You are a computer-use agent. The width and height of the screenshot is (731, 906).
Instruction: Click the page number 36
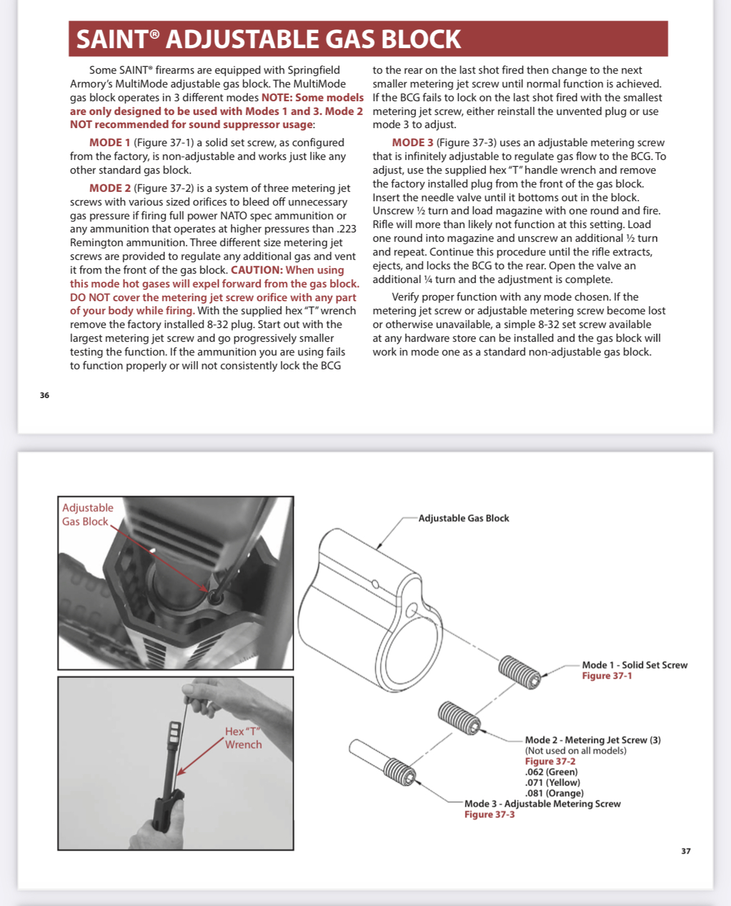click(44, 396)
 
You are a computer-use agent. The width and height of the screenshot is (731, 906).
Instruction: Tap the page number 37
click(686, 851)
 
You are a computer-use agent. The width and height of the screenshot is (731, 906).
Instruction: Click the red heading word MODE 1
click(110, 143)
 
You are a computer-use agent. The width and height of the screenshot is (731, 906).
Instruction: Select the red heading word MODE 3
click(412, 143)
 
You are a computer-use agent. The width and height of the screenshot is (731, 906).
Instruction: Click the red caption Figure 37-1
click(607, 676)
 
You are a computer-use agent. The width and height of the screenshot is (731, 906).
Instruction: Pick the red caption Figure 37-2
click(550, 761)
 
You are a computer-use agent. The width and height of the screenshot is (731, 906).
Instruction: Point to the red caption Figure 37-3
click(489, 815)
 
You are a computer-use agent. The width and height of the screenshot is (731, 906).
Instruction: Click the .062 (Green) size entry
click(551, 772)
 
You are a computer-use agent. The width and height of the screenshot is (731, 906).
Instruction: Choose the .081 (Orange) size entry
click(554, 793)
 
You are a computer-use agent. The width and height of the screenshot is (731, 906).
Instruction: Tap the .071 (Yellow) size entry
click(552, 782)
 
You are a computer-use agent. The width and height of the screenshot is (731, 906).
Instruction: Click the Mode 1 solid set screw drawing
click(520, 672)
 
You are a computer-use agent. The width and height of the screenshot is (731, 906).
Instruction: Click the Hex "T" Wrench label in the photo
click(243, 738)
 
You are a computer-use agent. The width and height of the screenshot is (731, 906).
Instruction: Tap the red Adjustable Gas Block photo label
click(87, 515)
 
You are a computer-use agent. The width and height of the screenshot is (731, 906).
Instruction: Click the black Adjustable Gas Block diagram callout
click(464, 519)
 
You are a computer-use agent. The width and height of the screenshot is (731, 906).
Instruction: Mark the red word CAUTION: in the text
click(257, 270)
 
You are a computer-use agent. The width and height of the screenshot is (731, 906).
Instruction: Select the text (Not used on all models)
click(575, 750)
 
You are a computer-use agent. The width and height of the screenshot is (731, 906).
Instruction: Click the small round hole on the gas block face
click(412, 609)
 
